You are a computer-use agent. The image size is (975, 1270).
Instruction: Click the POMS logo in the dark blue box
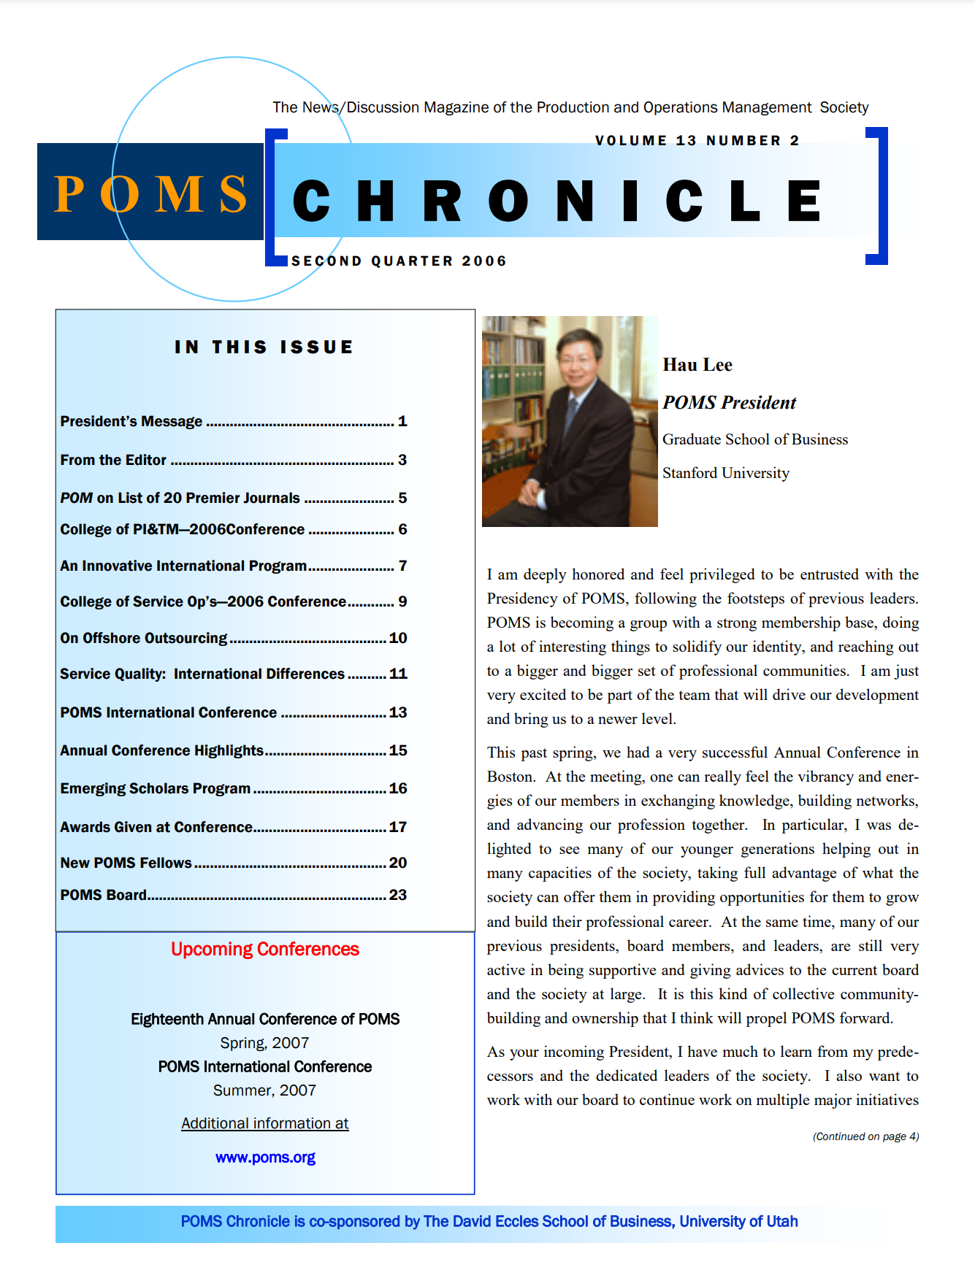(150, 193)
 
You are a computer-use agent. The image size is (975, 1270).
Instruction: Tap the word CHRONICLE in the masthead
(558, 201)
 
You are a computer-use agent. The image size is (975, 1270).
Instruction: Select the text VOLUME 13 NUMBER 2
(697, 141)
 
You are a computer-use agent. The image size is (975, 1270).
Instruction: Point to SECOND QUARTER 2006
(399, 261)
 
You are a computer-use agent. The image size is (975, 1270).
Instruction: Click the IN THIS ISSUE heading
(264, 347)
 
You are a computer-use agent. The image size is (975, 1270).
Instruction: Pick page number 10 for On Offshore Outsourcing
(398, 638)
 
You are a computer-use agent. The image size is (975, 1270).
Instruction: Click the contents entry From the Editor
(113, 460)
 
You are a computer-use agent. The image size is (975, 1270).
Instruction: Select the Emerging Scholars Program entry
(155, 788)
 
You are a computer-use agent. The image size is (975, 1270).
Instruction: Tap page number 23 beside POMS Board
(398, 895)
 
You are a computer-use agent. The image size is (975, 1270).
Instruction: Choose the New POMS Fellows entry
(126, 863)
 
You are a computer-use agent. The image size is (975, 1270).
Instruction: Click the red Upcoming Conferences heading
(265, 949)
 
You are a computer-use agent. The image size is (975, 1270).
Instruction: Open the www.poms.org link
(265, 1158)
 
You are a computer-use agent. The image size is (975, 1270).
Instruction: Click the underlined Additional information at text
(265, 1123)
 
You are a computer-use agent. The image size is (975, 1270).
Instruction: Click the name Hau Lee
(697, 365)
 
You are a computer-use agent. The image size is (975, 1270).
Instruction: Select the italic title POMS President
(729, 403)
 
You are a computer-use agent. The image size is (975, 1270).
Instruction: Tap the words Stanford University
(726, 473)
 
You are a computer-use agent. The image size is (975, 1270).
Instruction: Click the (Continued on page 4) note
(865, 1136)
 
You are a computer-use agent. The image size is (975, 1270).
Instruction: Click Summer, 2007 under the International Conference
(265, 1090)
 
